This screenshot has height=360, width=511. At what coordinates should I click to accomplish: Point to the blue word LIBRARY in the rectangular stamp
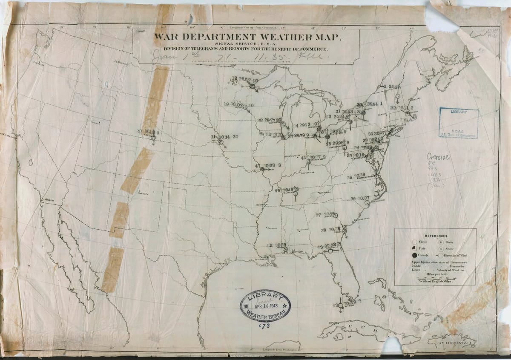[456, 112]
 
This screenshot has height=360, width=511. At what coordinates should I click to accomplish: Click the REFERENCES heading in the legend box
[436, 236]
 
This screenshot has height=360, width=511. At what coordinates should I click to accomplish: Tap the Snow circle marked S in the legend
[441, 248]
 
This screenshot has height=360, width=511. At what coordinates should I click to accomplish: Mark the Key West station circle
[341, 305]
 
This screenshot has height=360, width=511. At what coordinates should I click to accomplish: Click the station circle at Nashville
[294, 193]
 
